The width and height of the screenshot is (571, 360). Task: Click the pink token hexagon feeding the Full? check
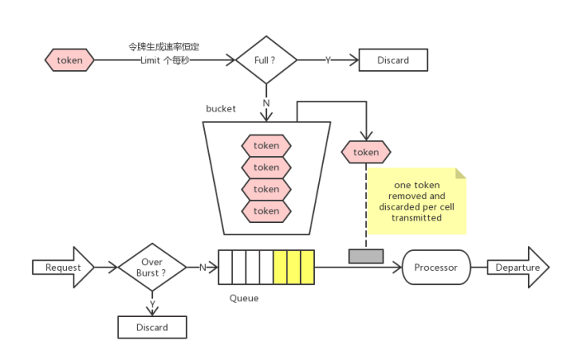pyautogui.click(x=69, y=60)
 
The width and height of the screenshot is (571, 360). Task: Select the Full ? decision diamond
pyautogui.click(x=266, y=60)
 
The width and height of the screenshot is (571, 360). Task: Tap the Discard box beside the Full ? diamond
pyautogui.click(x=394, y=60)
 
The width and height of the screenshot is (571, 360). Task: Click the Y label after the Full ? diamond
pyautogui.click(x=327, y=60)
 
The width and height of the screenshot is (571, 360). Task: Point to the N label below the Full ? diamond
pyautogui.click(x=266, y=103)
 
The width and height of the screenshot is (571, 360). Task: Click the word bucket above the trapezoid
pyautogui.click(x=221, y=108)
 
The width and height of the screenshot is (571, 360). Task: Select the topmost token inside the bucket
pyautogui.click(x=266, y=146)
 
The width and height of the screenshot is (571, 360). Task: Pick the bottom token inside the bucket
pyautogui.click(x=266, y=211)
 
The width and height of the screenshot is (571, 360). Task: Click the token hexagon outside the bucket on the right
pyautogui.click(x=365, y=152)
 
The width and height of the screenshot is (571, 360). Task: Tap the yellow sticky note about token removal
pyautogui.click(x=416, y=201)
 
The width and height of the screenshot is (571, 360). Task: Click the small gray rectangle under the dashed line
pyautogui.click(x=366, y=256)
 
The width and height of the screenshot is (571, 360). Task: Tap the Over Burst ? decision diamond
pyautogui.click(x=151, y=267)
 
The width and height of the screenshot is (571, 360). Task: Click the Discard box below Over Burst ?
pyautogui.click(x=151, y=327)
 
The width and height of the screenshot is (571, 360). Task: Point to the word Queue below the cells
pyautogui.click(x=244, y=297)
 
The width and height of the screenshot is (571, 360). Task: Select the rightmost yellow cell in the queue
pyautogui.click(x=307, y=268)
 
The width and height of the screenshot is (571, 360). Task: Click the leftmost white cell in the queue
pyautogui.click(x=226, y=268)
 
